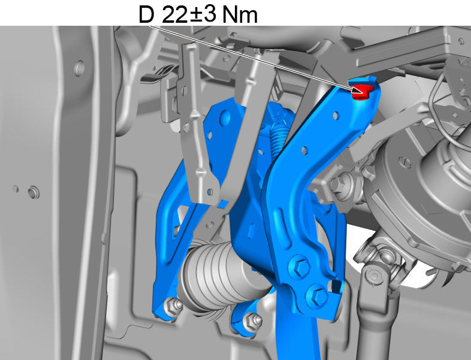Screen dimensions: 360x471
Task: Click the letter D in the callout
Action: coord(146,14)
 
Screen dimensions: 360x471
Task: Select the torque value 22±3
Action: coord(188,14)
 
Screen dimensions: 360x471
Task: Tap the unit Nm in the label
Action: coord(240,14)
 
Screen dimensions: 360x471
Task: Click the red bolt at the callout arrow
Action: coord(361,92)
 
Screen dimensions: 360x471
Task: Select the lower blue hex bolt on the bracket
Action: coord(318,295)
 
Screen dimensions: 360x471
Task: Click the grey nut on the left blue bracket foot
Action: coord(175,307)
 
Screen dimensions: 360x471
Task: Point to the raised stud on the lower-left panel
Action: coord(32,192)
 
